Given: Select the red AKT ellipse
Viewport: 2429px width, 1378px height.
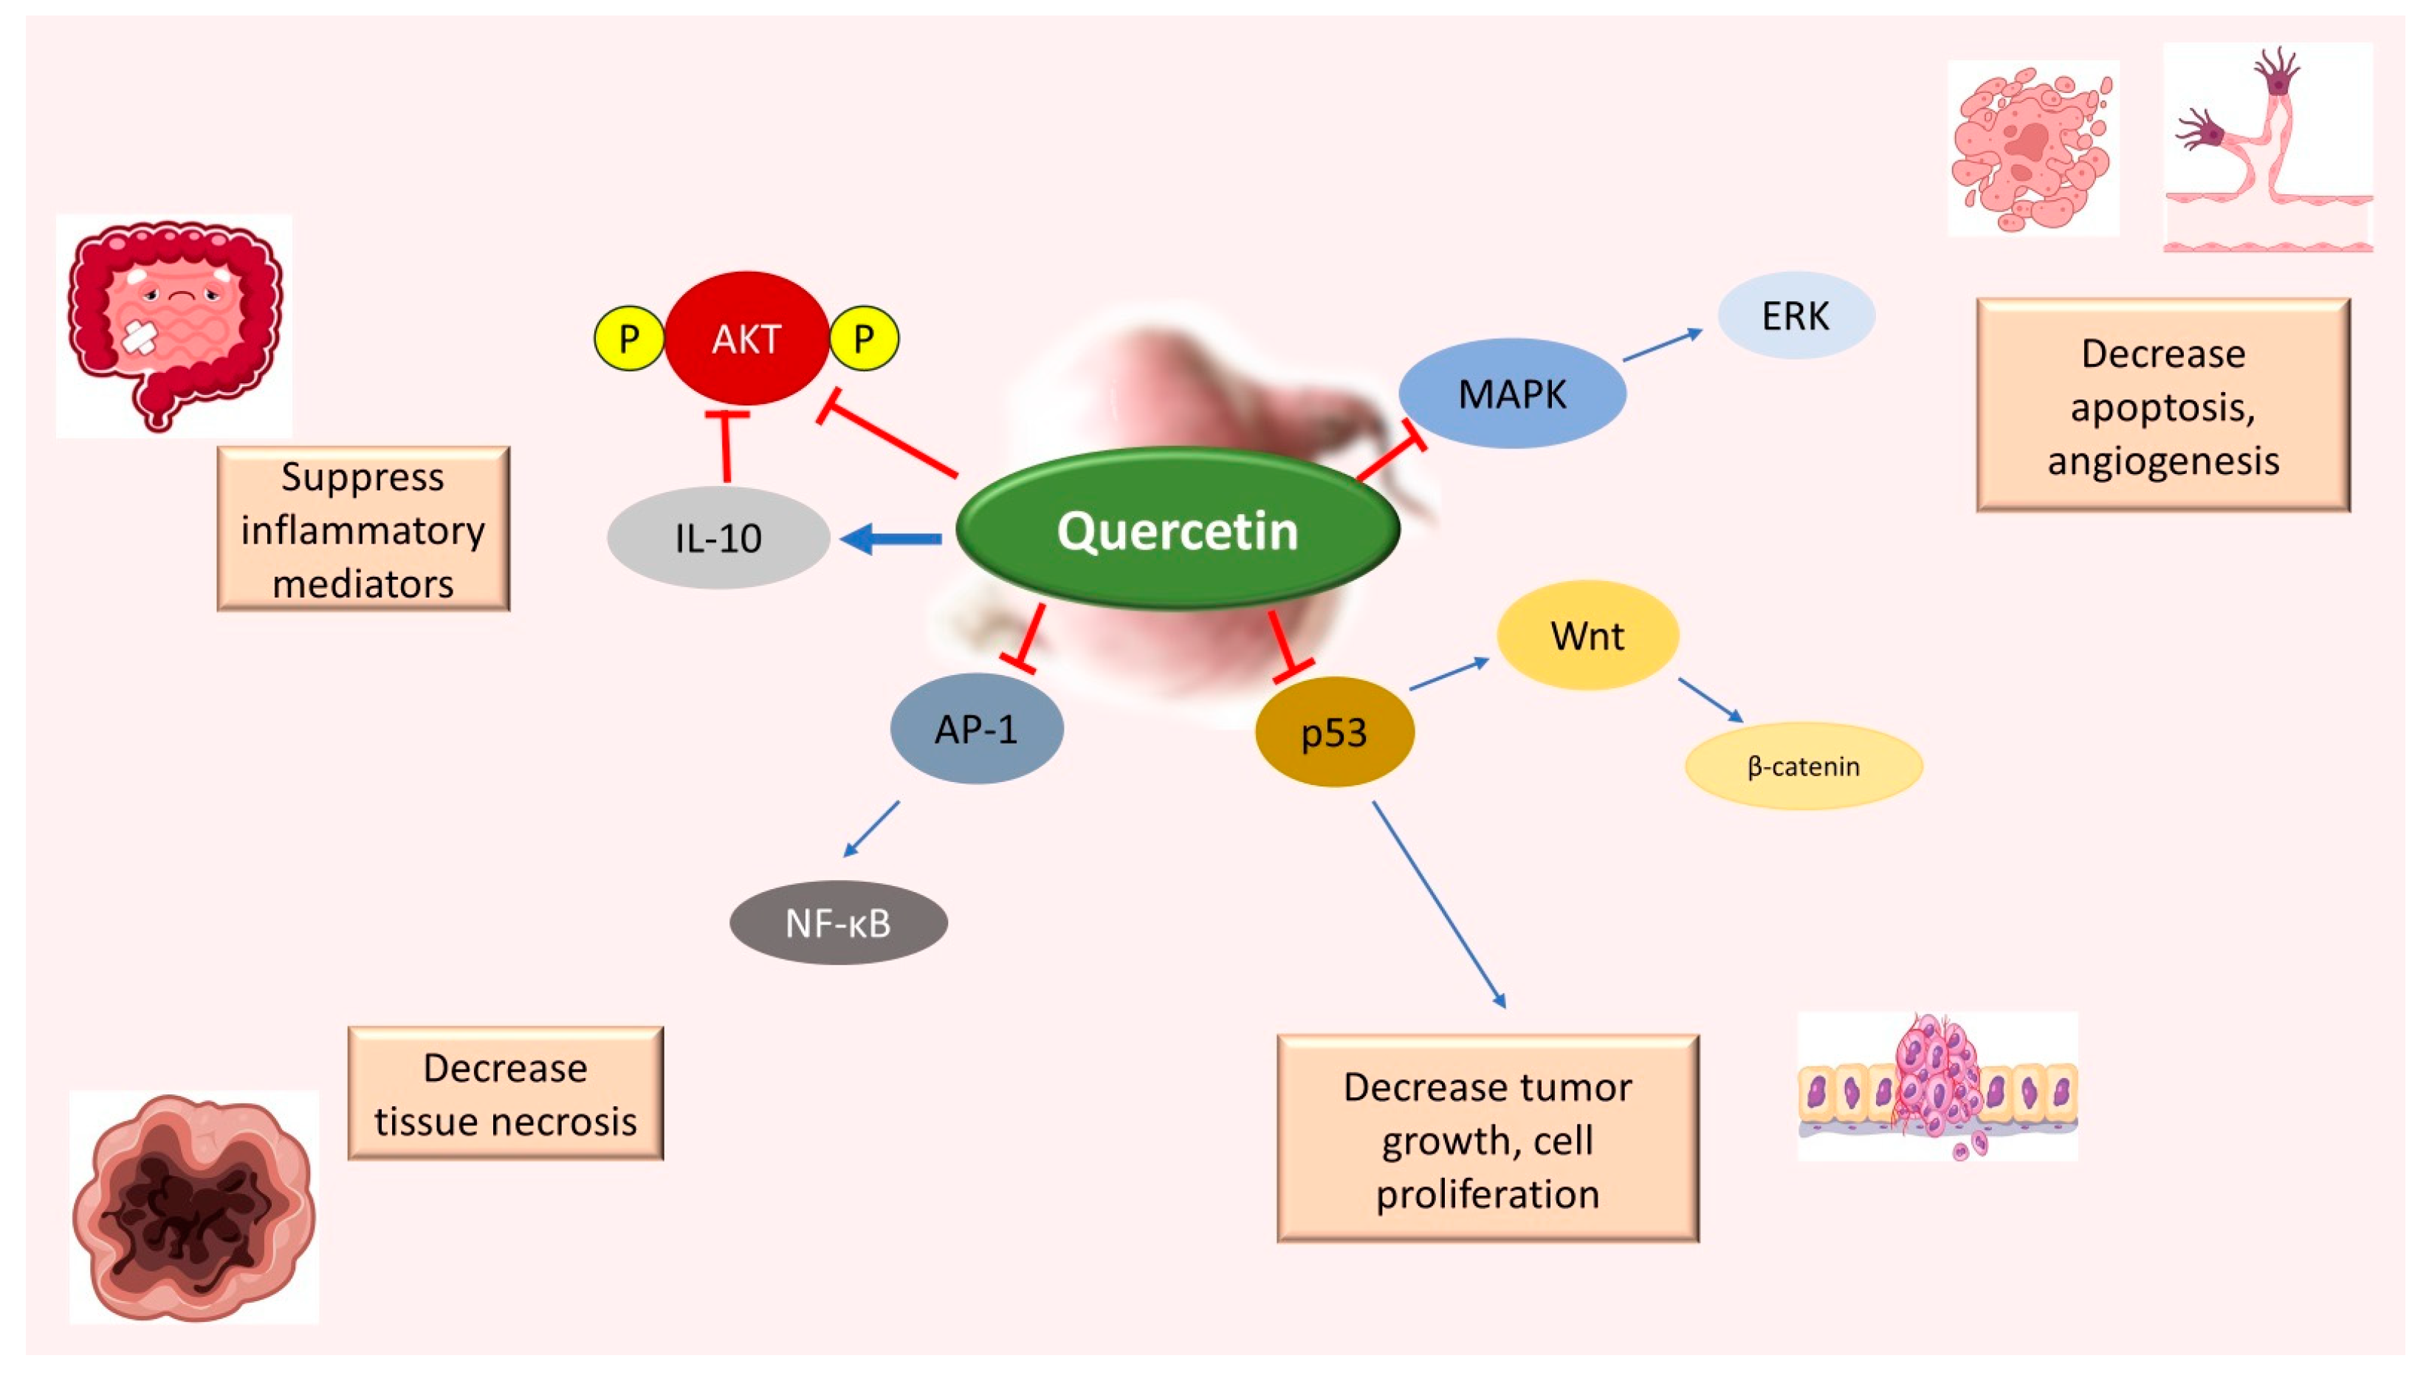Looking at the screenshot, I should pos(746,338).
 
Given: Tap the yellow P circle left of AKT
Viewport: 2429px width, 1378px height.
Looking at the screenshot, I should pos(628,338).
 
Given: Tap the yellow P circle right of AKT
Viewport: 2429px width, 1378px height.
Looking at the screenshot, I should pos(863,338).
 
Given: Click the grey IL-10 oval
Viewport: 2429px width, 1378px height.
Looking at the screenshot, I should pos(718,538).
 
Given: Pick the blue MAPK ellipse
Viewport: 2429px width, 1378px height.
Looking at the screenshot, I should pos(1512,394).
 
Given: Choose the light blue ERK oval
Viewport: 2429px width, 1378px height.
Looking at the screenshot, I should pos(1795,315).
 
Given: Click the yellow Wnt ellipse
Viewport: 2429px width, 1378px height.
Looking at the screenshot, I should pos(1587,635).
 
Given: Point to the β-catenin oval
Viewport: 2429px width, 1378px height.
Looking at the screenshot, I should pos(1803,766).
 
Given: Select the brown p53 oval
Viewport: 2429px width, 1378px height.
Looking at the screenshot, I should pos(1333,733).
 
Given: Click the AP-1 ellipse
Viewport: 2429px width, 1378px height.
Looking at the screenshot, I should pos(975,729).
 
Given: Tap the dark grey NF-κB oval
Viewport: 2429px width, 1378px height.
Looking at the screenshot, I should pos(839,923).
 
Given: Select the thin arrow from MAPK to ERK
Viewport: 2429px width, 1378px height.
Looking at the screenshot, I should pos(1662,346).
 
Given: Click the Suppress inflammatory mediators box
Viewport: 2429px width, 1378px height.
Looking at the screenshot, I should pos(363,529).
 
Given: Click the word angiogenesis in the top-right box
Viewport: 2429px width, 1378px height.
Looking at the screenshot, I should pos(2163,461).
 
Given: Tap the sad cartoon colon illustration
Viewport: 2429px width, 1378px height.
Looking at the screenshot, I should pos(174,325).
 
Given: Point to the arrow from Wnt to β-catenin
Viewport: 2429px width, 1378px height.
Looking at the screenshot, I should pos(1710,699).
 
